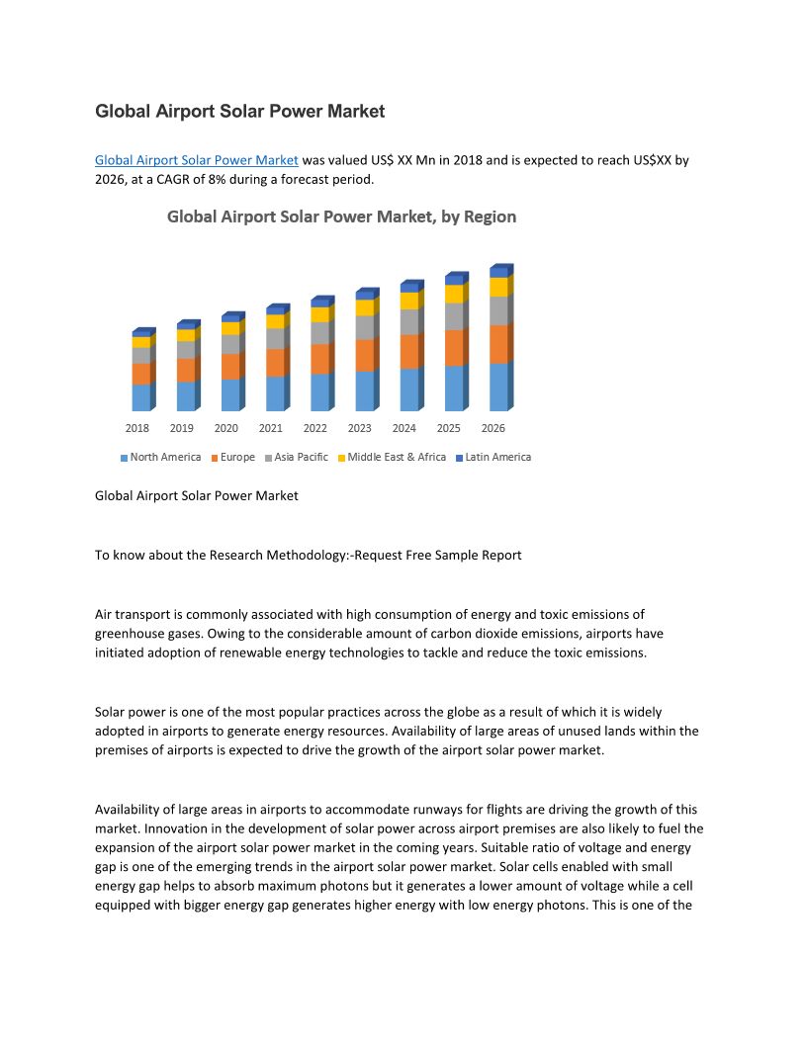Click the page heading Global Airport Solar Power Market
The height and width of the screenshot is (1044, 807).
pyautogui.click(x=239, y=112)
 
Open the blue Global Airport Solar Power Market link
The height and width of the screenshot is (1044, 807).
pyautogui.click(x=196, y=159)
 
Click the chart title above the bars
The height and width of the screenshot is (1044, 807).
pyautogui.click(x=341, y=217)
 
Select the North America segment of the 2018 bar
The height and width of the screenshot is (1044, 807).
pyautogui.click(x=140, y=397)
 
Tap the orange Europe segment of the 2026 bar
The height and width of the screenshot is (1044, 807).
pyautogui.click(x=498, y=344)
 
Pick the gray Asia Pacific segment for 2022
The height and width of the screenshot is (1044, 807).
pyautogui.click(x=319, y=333)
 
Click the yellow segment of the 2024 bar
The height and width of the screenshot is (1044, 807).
pyautogui.click(x=408, y=301)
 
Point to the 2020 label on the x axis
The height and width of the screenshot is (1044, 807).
pyautogui.click(x=225, y=428)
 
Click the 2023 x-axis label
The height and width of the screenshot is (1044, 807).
pyautogui.click(x=359, y=428)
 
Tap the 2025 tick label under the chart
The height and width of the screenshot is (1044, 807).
pyautogui.click(x=448, y=428)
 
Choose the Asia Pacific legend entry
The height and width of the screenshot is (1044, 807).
pyautogui.click(x=301, y=458)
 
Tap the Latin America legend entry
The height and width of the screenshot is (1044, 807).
pyautogui.click(x=497, y=458)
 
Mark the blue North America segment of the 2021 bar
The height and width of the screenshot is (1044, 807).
pyautogui.click(x=275, y=393)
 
